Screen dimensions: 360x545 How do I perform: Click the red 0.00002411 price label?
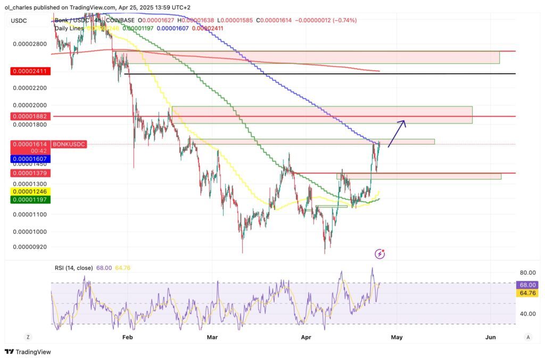point(30,71)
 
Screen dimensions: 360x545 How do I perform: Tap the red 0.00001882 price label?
point(30,116)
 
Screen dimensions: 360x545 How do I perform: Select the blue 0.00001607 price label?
point(30,159)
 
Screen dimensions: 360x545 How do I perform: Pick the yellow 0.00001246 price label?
point(30,191)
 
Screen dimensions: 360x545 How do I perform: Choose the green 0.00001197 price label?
point(30,199)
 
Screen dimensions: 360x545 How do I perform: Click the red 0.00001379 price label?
point(30,173)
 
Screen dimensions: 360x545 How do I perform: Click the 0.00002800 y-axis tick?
point(30,44)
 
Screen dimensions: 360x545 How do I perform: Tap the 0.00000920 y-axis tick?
point(30,247)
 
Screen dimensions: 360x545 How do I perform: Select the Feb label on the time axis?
point(127,337)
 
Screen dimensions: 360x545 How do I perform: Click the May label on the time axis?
point(397,337)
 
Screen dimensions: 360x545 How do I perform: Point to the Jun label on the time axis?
point(491,337)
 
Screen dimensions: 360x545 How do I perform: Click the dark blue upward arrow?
point(397,133)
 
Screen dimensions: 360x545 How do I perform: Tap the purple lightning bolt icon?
point(380,253)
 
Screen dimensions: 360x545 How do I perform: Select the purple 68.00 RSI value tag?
point(529,285)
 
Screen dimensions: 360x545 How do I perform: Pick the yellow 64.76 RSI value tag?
point(529,293)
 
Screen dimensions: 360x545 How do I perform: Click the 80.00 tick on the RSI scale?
point(527,273)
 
